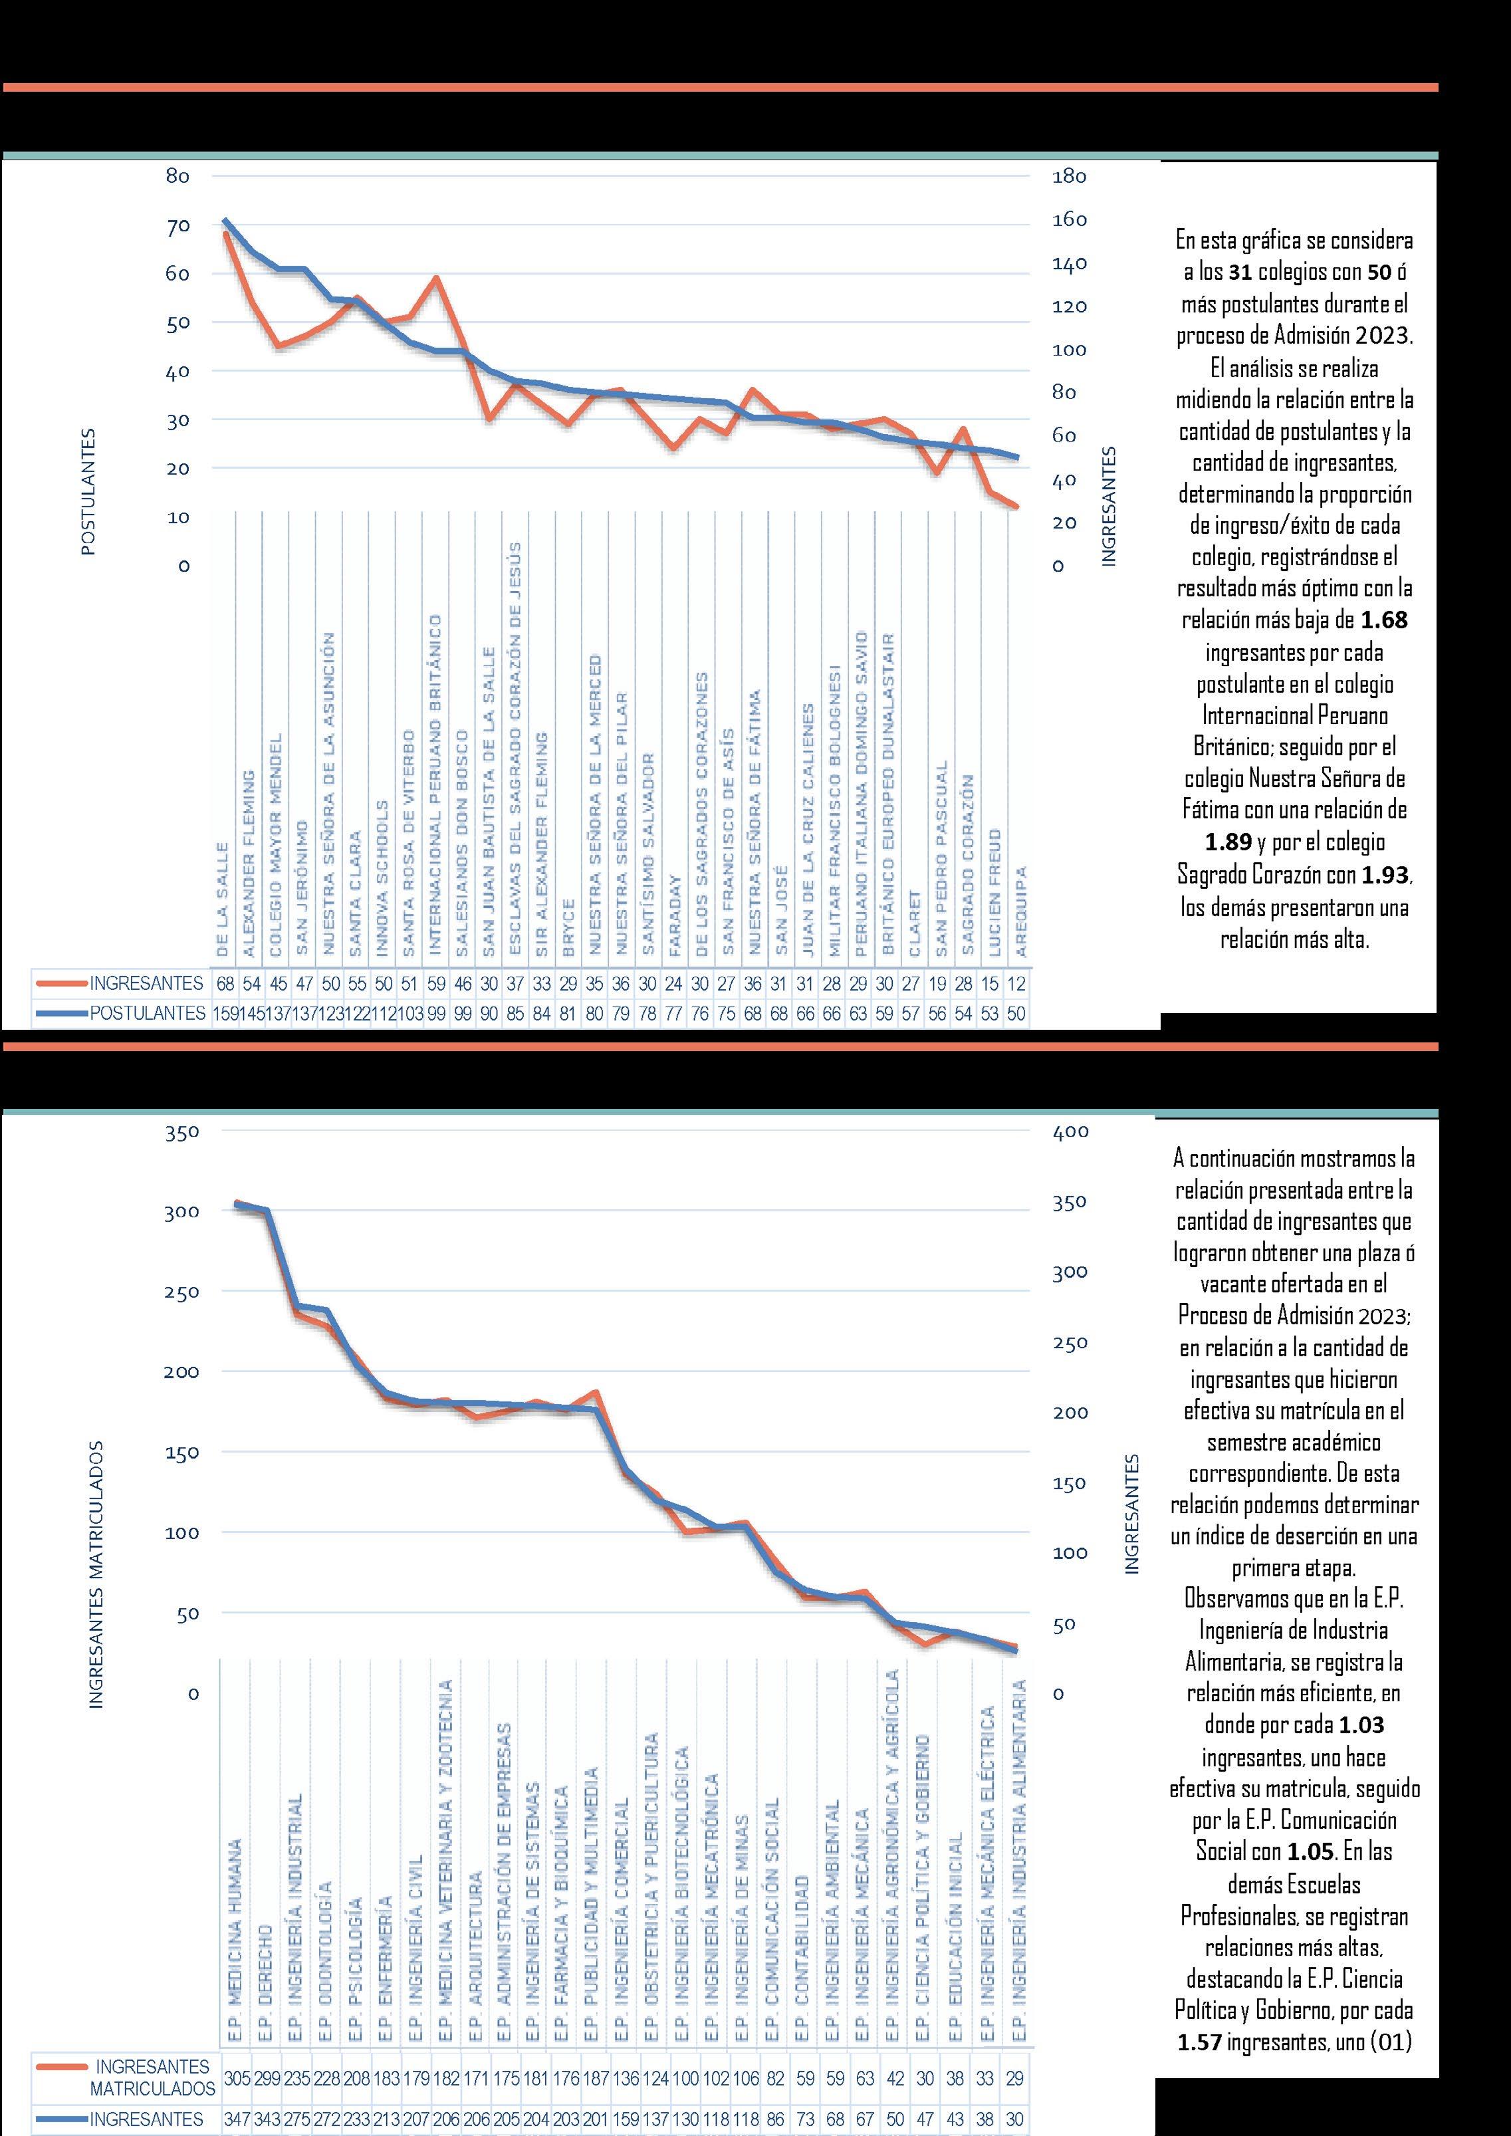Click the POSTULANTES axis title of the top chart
(x=88, y=492)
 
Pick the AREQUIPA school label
(x=1020, y=911)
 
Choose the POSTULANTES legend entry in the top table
(x=147, y=1013)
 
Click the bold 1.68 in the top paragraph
(x=1383, y=620)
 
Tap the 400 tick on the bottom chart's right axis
(x=1070, y=1132)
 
